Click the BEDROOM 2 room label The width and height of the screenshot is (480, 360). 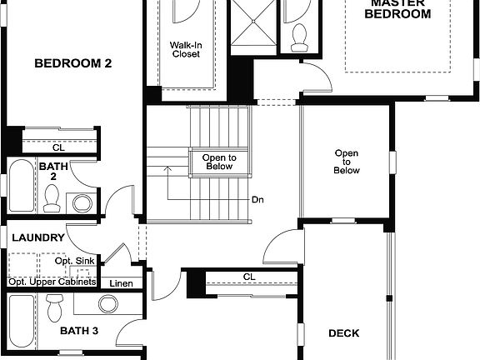[73, 62]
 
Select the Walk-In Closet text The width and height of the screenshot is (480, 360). [185, 50]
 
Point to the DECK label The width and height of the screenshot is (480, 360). [343, 333]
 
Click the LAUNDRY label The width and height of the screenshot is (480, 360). [38, 237]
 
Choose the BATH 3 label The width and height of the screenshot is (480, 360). [79, 331]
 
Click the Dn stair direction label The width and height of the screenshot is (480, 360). [257, 201]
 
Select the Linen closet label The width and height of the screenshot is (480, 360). [121, 283]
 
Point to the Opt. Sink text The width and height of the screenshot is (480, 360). [73, 262]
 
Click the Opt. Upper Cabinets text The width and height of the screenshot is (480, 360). [52, 282]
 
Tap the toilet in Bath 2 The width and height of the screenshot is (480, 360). [52, 198]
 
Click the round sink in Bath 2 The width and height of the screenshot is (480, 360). [82, 202]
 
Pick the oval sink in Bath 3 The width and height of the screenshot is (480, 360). [108, 303]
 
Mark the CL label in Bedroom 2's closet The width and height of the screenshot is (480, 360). [58, 147]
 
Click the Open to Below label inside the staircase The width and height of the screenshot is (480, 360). [219, 162]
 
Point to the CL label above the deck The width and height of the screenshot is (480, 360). [248, 277]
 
